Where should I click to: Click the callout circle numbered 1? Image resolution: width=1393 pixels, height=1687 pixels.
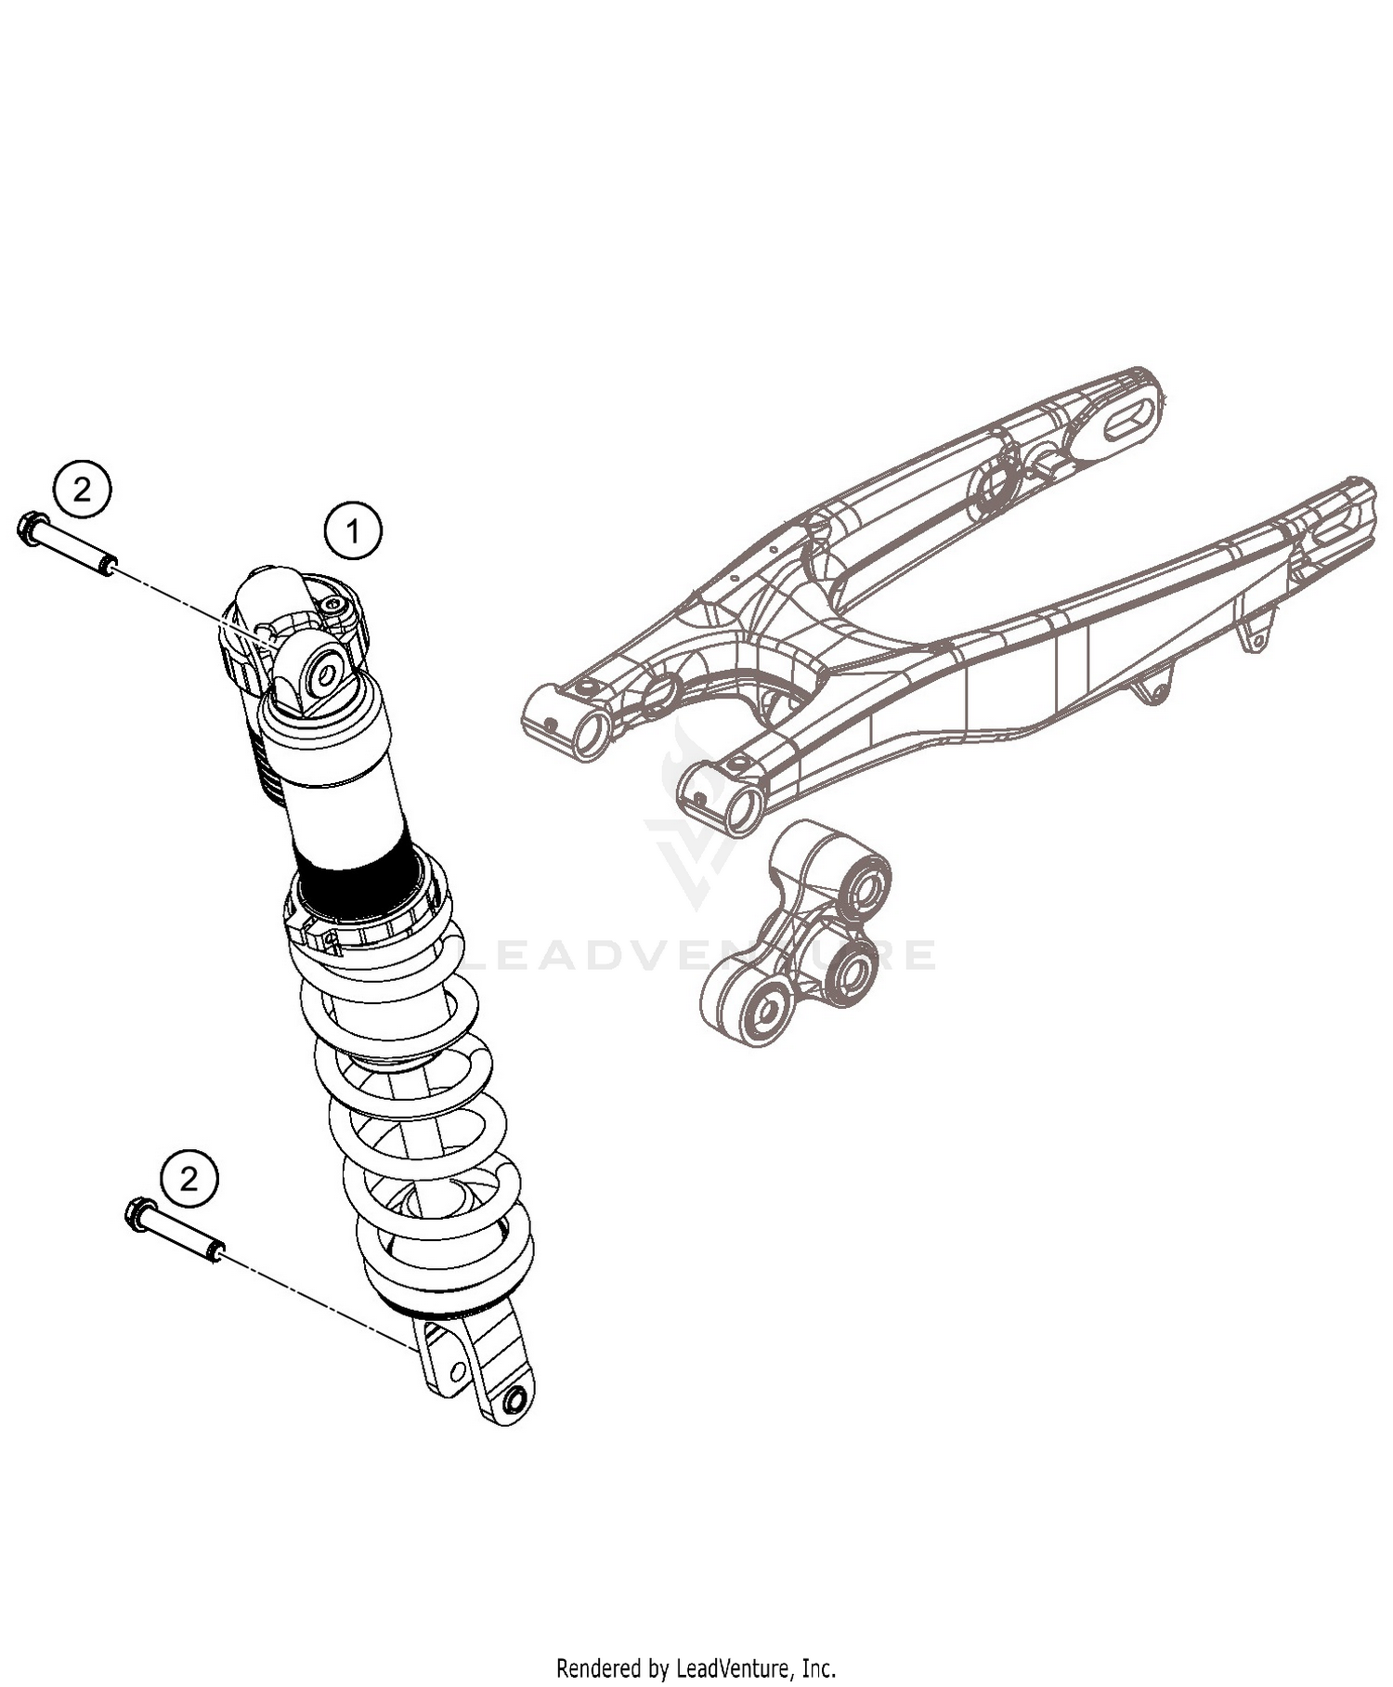[352, 531]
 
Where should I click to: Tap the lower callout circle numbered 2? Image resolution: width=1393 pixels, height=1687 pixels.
[189, 1180]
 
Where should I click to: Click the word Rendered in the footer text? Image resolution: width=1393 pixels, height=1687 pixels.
[598, 1668]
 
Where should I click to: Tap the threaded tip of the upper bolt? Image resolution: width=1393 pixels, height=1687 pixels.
[109, 564]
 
